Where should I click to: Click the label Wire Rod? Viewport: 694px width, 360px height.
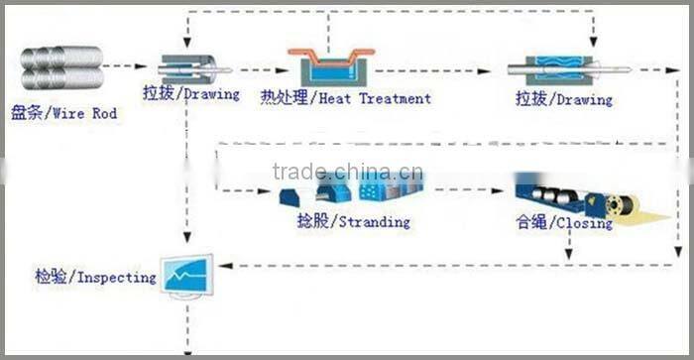(84, 114)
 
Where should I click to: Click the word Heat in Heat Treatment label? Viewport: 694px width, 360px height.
(336, 98)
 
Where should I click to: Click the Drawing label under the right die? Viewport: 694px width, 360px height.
(579, 99)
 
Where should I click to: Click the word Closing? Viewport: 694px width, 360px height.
(584, 224)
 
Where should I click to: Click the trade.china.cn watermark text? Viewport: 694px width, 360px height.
(347, 171)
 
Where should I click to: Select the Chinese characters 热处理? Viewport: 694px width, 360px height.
(282, 98)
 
